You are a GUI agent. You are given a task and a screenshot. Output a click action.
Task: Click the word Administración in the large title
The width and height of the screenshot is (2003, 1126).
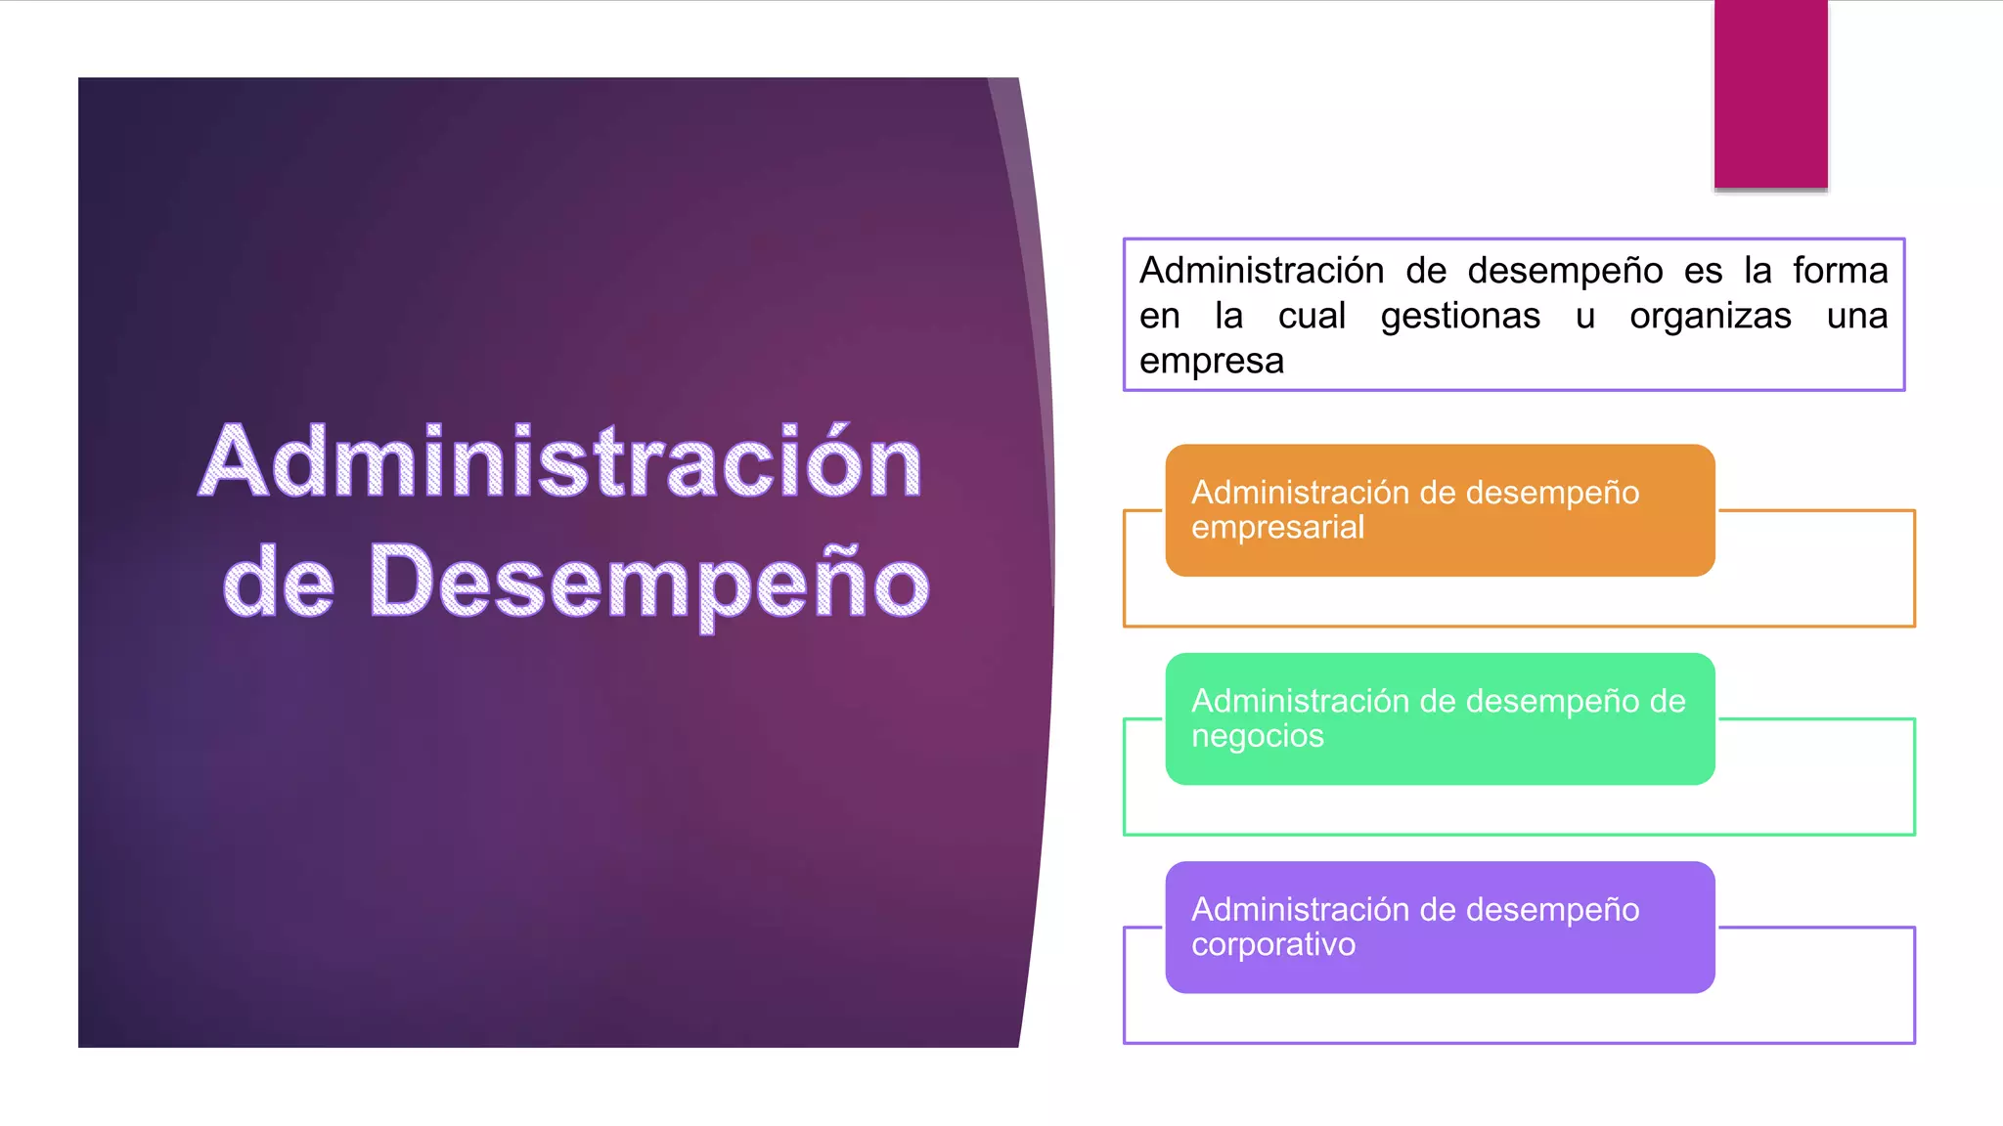point(560,461)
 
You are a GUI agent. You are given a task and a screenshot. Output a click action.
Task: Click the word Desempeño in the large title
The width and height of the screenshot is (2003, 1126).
point(648,583)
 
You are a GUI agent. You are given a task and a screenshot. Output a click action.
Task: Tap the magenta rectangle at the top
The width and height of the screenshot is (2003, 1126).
point(1770,94)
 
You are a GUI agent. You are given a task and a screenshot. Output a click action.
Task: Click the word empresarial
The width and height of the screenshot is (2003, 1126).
point(1277,528)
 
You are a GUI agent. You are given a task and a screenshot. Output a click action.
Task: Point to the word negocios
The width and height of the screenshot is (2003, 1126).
point(1257,736)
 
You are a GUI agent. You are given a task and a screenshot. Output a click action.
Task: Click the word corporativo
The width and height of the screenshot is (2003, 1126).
point(1272,944)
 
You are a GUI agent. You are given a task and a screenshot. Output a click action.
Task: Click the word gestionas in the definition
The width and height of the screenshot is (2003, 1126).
point(1460,316)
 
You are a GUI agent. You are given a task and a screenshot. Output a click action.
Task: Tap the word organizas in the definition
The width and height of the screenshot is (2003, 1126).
point(1711,316)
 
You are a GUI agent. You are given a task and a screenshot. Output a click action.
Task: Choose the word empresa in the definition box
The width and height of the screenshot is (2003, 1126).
point(1211,362)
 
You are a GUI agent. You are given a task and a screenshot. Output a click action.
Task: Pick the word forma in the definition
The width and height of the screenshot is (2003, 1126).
point(1840,271)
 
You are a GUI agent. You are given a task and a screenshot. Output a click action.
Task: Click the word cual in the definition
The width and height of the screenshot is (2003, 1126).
point(1312,316)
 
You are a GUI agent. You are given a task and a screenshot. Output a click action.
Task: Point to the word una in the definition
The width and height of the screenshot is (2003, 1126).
point(1857,316)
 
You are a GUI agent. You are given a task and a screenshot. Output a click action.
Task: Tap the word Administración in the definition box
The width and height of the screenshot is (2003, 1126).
point(1262,271)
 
